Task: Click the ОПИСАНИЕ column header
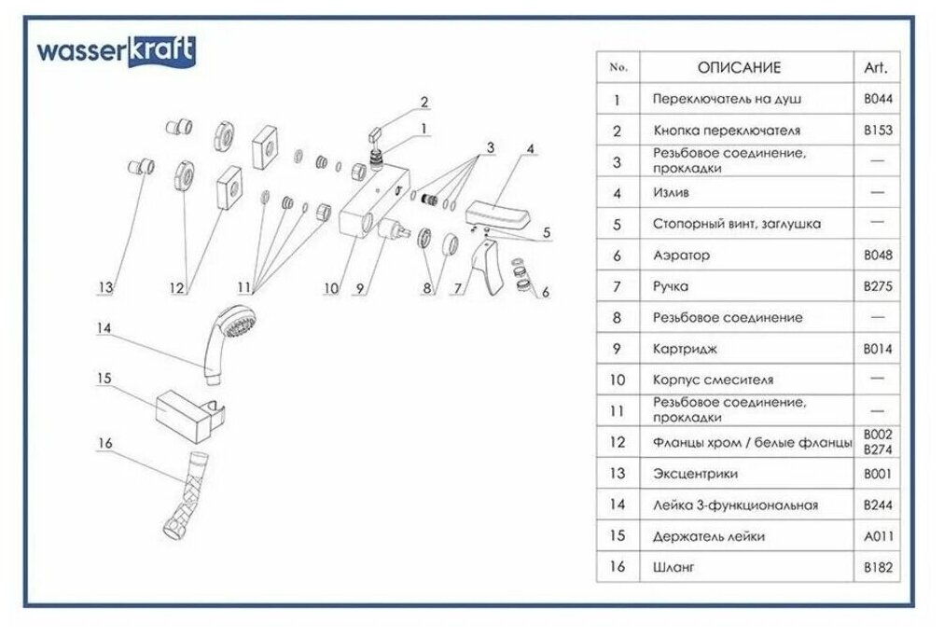[739, 67]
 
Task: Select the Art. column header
[877, 67]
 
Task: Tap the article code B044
[877, 99]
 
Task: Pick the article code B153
[877, 131]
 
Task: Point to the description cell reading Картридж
[686, 349]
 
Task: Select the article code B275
[877, 286]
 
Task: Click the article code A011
[877, 536]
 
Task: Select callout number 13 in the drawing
[107, 289]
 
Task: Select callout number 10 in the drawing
[330, 289]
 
